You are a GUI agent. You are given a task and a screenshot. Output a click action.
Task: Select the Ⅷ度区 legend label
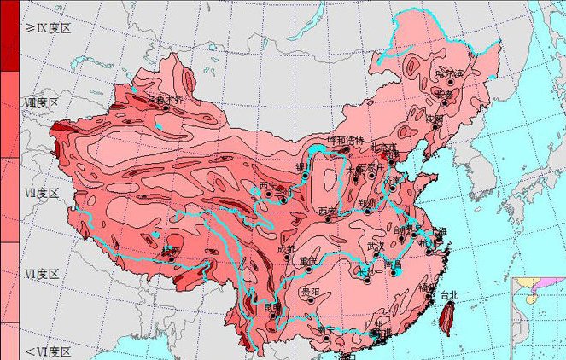41,102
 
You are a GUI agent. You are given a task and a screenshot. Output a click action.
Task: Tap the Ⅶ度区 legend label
41,194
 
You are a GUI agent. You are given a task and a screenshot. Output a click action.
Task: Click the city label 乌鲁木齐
166,100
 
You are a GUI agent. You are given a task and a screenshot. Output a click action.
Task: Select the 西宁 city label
270,185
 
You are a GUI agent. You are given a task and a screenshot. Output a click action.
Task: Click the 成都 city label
286,249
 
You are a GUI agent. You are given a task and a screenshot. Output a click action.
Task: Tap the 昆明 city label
272,306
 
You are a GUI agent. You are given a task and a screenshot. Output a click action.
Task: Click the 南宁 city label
325,328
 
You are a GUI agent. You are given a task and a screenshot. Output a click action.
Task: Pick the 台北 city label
449,295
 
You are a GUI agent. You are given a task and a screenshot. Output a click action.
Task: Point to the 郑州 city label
367,204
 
